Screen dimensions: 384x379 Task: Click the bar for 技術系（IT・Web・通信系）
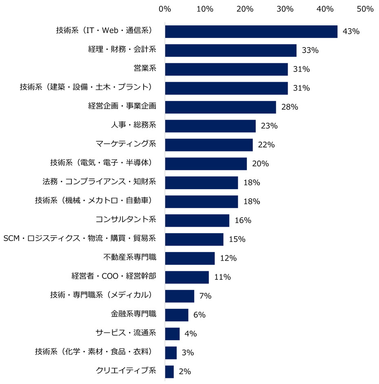[x=251, y=31]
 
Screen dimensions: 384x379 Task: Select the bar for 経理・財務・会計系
[x=231, y=50]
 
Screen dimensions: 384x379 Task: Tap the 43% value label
[x=351, y=31]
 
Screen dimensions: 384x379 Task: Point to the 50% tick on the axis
[x=365, y=9]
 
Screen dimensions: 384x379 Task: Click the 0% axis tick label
[x=165, y=9]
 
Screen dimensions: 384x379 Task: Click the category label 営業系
[x=145, y=69]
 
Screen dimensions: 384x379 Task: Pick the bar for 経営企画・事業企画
[x=220, y=107]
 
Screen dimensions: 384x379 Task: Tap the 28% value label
[x=290, y=107]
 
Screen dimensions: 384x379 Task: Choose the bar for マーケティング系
[x=209, y=145]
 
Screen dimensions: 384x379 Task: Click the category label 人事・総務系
[x=133, y=126]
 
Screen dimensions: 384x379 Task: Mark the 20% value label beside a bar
[x=260, y=164]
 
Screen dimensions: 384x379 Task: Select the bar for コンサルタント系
[x=197, y=220]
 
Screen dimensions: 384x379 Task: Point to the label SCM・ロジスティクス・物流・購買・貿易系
[x=80, y=239]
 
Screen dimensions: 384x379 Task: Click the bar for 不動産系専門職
[x=190, y=258]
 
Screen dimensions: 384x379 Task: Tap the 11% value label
[x=222, y=277]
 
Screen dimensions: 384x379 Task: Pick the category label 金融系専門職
[x=133, y=315]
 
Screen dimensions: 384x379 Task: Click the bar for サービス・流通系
[x=172, y=334]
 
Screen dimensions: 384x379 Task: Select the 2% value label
[x=185, y=371]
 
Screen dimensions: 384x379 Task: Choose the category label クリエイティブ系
[x=126, y=371]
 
